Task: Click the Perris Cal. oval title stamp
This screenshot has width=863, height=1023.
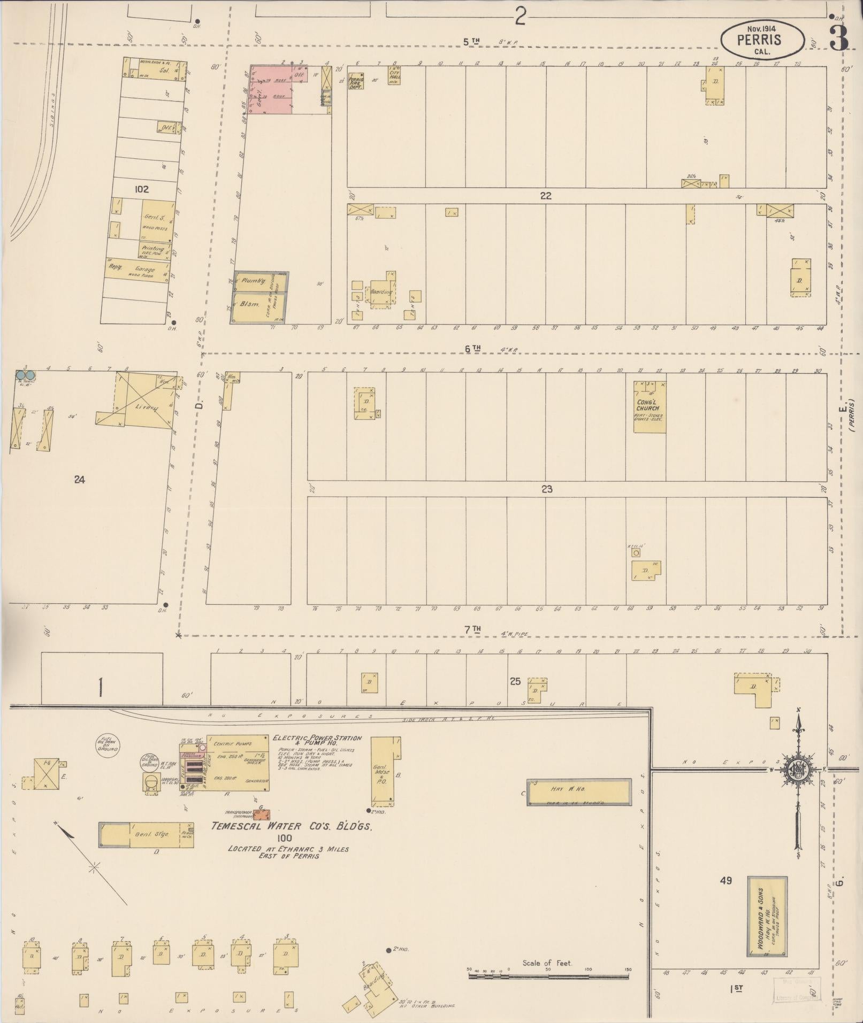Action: click(x=762, y=41)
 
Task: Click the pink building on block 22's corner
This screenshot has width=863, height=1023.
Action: click(x=270, y=89)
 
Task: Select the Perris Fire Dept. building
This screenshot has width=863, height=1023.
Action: click(x=356, y=81)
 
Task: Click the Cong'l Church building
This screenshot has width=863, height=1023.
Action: click(x=650, y=406)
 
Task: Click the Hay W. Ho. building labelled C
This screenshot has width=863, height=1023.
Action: click(x=578, y=791)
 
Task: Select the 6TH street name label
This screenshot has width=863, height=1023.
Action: click(x=472, y=349)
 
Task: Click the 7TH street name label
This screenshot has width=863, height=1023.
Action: click(x=473, y=630)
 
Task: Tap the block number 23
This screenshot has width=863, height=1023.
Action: click(x=546, y=489)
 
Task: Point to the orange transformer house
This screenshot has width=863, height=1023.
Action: click(x=261, y=815)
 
